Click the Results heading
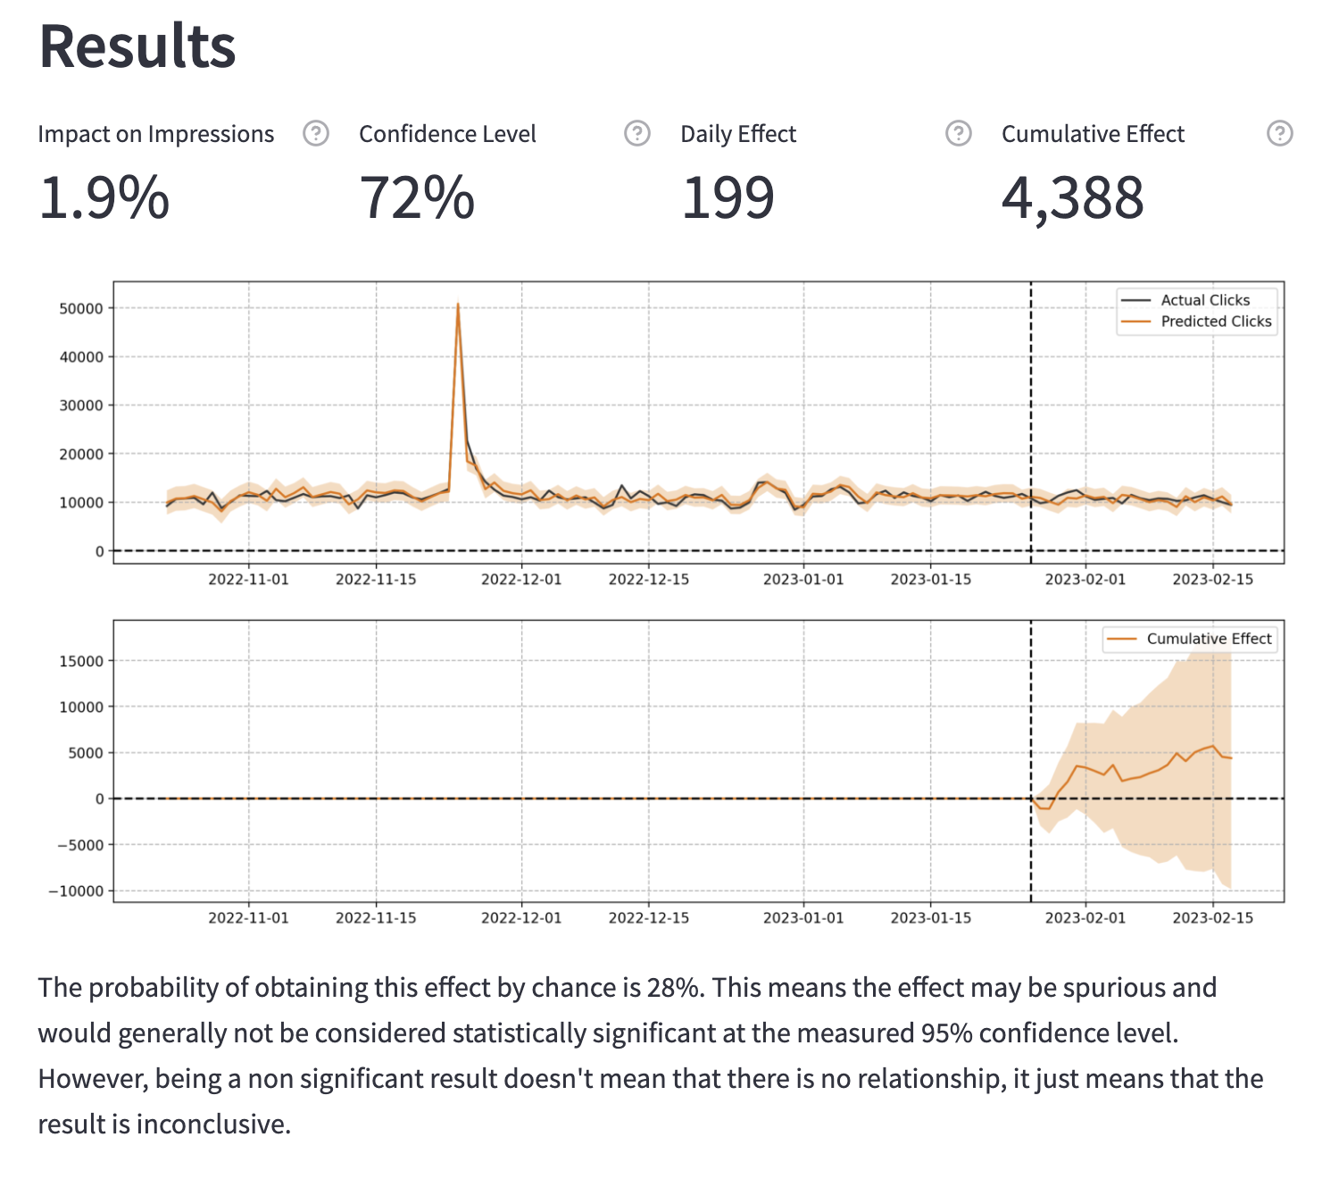(137, 46)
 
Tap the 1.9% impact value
(104, 197)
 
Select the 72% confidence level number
(417, 197)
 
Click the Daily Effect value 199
(728, 197)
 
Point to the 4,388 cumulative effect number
(1072, 197)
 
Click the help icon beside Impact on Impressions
(316, 134)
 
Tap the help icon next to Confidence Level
(636, 134)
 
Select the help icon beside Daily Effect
(958, 134)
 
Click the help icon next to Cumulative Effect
(1279, 134)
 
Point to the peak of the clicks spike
(458, 305)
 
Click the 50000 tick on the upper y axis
(80, 308)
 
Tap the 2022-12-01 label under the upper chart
(521, 580)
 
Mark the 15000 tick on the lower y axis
(80, 661)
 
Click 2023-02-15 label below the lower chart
(1212, 918)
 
